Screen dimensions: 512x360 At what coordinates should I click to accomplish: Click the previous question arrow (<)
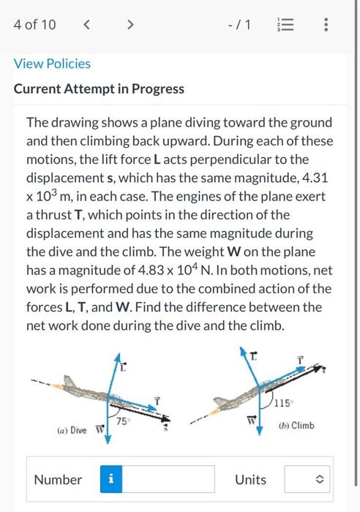[88, 25]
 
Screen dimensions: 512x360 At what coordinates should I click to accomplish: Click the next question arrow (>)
[130, 25]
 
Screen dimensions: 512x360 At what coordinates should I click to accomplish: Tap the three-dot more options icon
[326, 25]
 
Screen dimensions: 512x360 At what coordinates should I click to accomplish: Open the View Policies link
[53, 64]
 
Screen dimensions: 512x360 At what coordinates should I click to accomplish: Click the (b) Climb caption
[297, 425]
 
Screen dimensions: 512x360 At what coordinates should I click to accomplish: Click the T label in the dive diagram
[157, 398]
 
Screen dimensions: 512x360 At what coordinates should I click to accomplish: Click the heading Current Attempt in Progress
[100, 89]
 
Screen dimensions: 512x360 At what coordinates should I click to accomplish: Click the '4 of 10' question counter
[34, 25]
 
